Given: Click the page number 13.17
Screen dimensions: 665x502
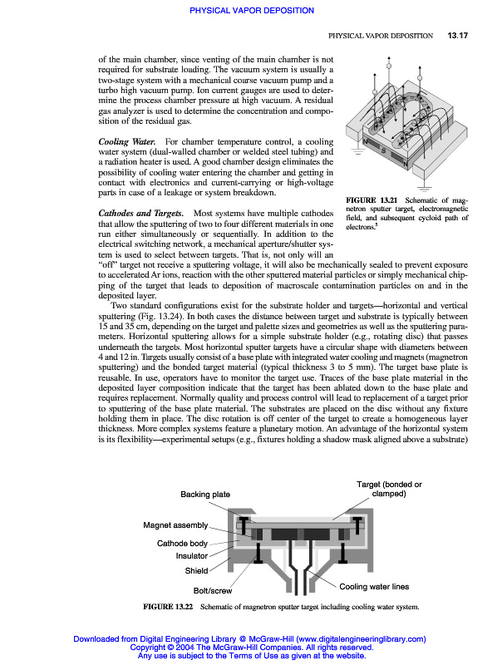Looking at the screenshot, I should [459, 36].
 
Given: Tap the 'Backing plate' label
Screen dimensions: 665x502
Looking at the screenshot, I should [205, 495].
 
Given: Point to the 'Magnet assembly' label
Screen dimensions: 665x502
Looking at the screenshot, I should [175, 525].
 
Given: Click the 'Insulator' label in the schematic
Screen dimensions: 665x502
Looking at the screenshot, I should [192, 556].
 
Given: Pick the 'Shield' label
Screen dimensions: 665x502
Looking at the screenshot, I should [196, 571].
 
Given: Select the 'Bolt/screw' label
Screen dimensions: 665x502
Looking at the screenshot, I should [213, 591].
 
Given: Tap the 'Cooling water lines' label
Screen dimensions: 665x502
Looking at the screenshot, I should [374, 586].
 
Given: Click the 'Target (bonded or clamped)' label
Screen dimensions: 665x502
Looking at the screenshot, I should [389, 489].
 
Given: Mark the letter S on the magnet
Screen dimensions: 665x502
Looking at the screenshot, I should [383, 153].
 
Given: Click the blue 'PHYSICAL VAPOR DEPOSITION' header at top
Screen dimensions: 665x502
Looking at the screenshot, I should [251, 11].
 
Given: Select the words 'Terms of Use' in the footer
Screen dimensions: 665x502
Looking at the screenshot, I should [262, 655].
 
